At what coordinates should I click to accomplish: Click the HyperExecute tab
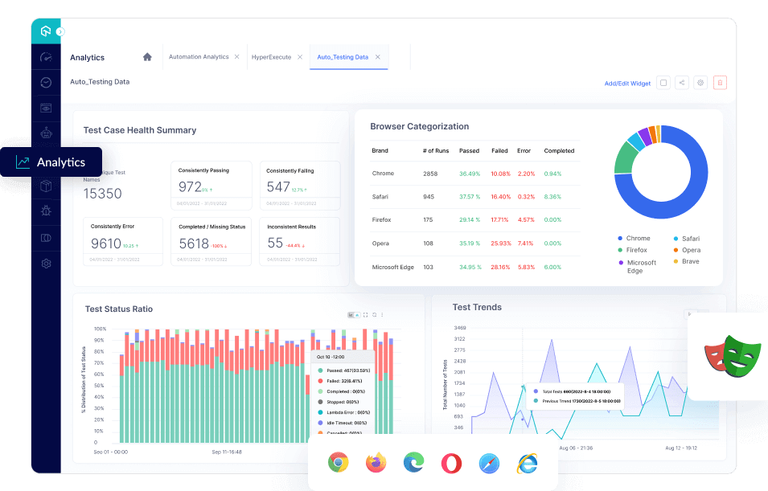(271, 57)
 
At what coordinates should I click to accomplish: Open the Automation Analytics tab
(199, 57)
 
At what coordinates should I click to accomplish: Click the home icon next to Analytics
(147, 57)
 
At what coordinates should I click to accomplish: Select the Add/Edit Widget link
(627, 83)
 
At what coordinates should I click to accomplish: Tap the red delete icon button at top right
(720, 82)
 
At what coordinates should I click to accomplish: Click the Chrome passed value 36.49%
(470, 174)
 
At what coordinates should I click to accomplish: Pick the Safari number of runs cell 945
(429, 197)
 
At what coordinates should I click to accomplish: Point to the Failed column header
(499, 151)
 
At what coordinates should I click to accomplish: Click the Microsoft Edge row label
(392, 267)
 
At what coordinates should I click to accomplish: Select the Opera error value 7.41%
(525, 243)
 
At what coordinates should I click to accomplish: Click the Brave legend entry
(690, 261)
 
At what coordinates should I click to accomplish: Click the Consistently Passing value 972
(190, 187)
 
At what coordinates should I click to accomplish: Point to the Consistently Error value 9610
(106, 243)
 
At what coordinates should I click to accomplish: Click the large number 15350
(103, 194)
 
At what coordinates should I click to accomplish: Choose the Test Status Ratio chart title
(118, 309)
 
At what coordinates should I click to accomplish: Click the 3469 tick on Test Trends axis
(459, 328)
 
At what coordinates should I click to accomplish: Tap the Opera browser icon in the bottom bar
(451, 463)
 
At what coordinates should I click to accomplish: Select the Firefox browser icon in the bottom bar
(376, 463)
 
